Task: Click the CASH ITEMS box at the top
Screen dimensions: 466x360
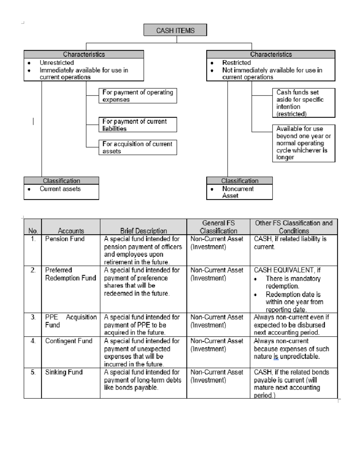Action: [175, 30]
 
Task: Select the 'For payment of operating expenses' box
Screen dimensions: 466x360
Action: [138, 96]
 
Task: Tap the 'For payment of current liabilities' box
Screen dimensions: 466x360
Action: [138, 125]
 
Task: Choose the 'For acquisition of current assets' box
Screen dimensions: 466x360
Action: [138, 147]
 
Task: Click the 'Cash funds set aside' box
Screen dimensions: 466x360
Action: [303, 103]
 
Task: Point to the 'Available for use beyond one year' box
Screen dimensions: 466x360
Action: [303, 143]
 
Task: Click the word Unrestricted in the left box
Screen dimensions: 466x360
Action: [57, 63]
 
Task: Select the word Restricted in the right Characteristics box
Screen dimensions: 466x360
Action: [236, 63]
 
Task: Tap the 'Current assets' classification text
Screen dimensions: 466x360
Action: [60, 189]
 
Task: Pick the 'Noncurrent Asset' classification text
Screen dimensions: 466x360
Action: [238, 192]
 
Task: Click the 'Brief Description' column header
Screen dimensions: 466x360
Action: [143, 231]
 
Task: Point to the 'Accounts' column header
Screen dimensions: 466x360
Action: [71, 231]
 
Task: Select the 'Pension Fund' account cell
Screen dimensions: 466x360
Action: [65, 239]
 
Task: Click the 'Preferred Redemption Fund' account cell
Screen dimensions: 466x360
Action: [70, 274]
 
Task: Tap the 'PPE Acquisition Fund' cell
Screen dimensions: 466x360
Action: [71, 321]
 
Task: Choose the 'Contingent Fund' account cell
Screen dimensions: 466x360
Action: [69, 341]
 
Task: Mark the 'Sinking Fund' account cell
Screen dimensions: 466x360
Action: [64, 372]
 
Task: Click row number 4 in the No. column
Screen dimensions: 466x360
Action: [33, 341]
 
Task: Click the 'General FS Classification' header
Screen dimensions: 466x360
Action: [218, 227]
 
